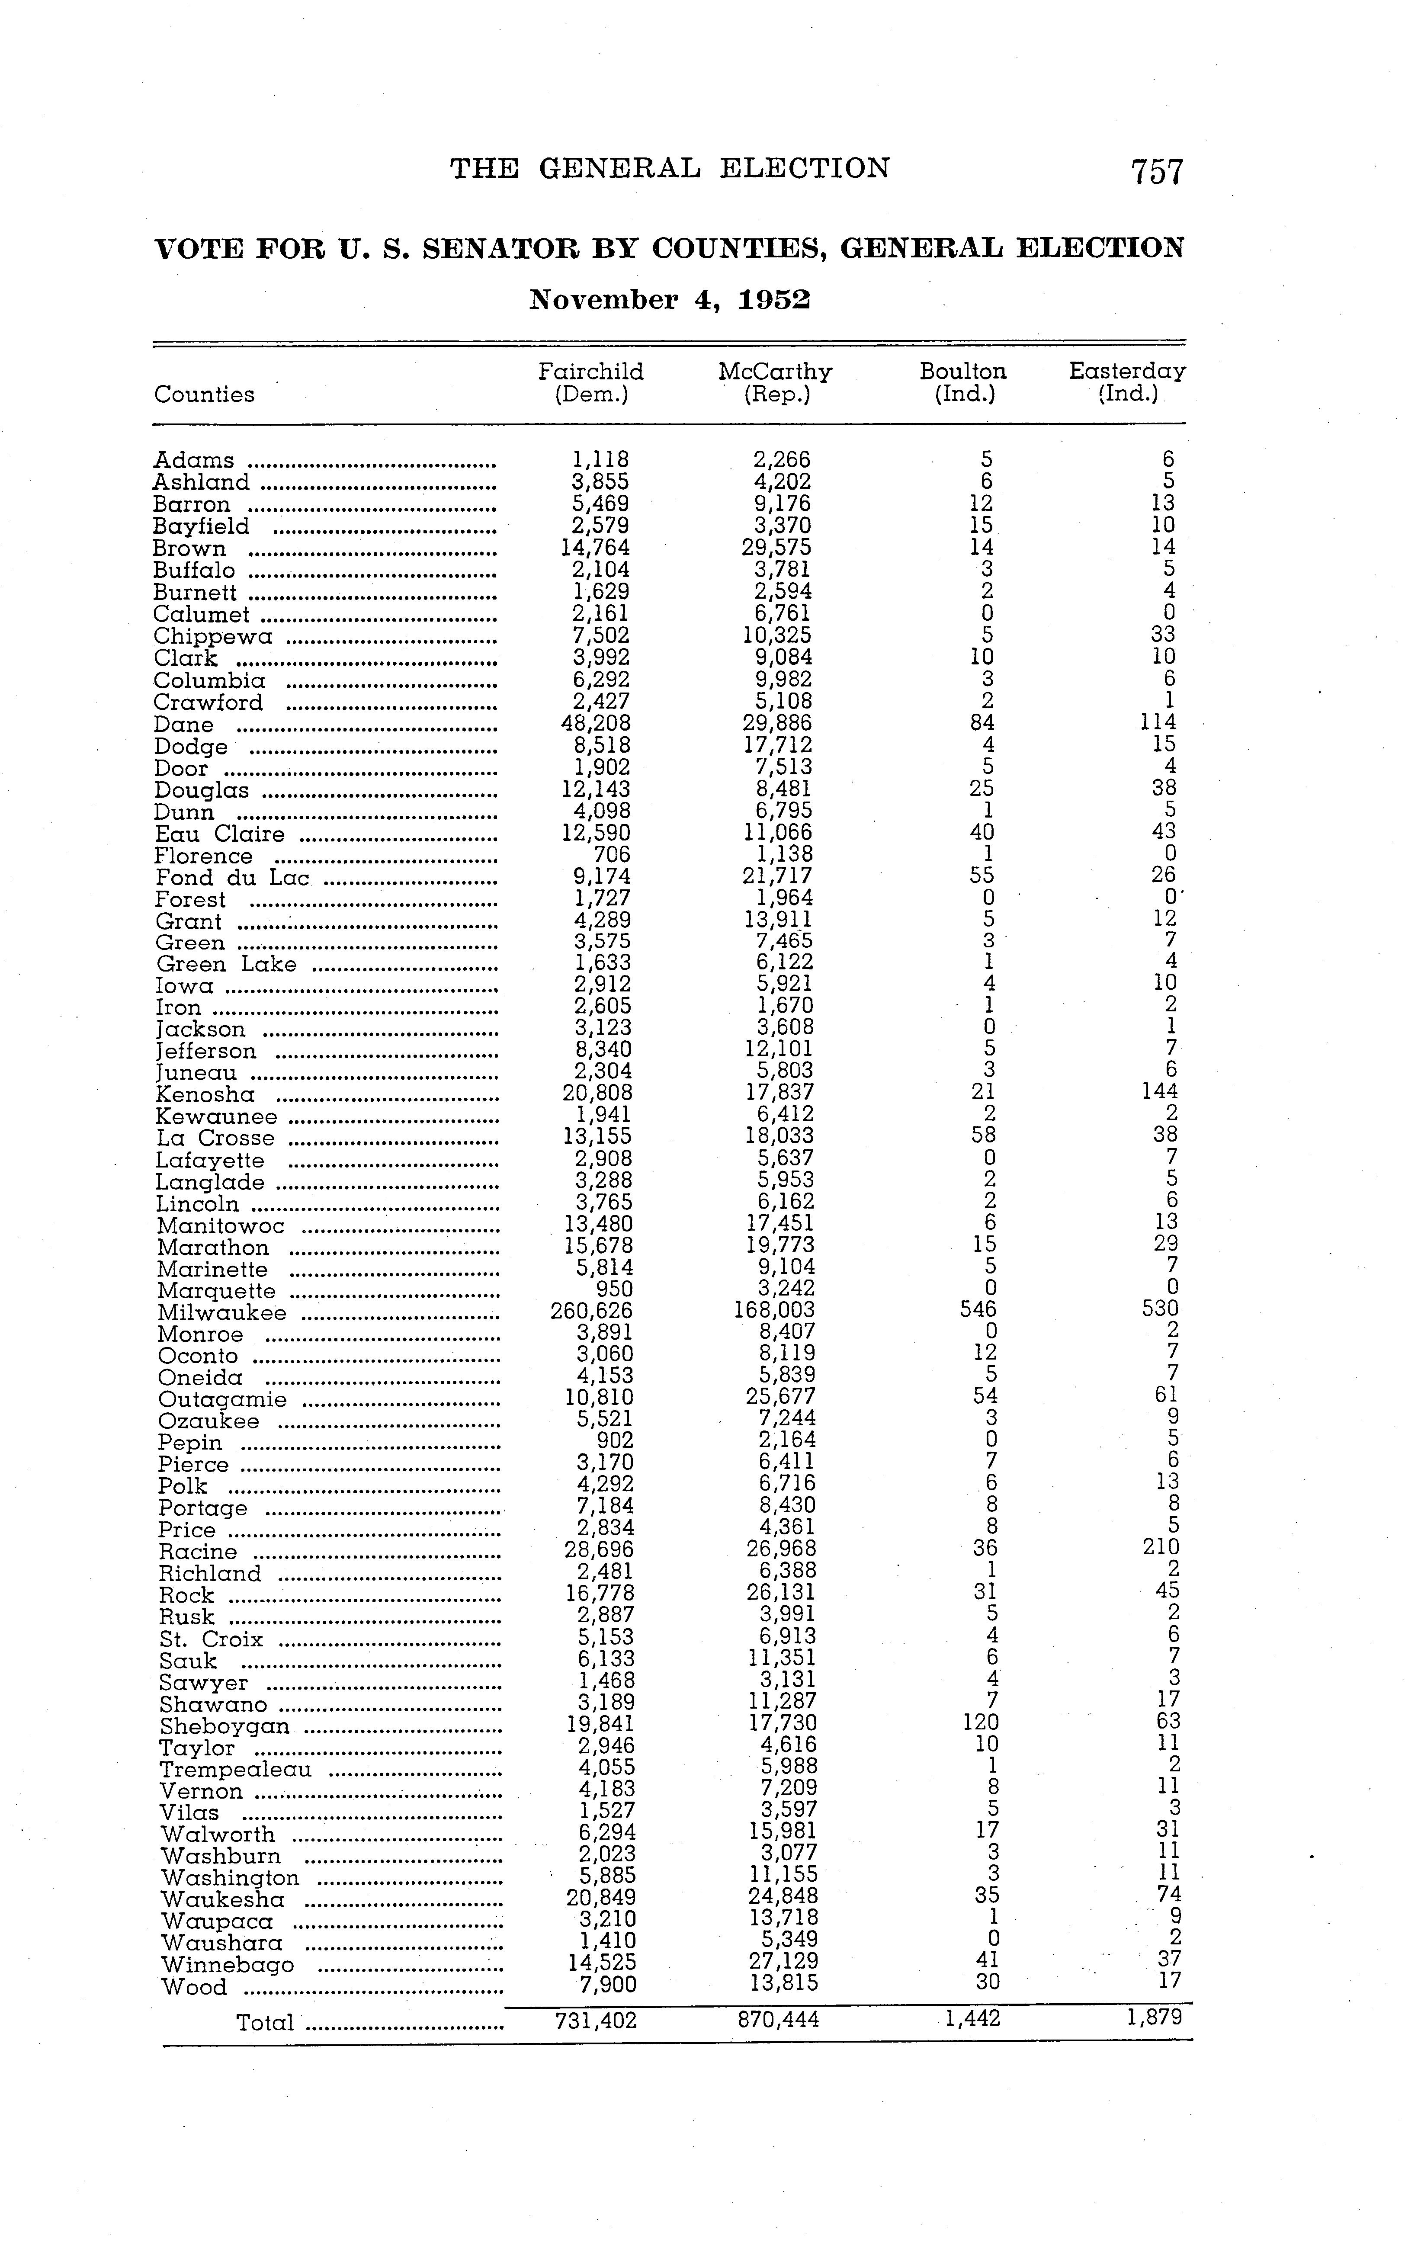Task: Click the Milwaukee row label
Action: (x=222, y=1313)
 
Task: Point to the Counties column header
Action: (x=205, y=395)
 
